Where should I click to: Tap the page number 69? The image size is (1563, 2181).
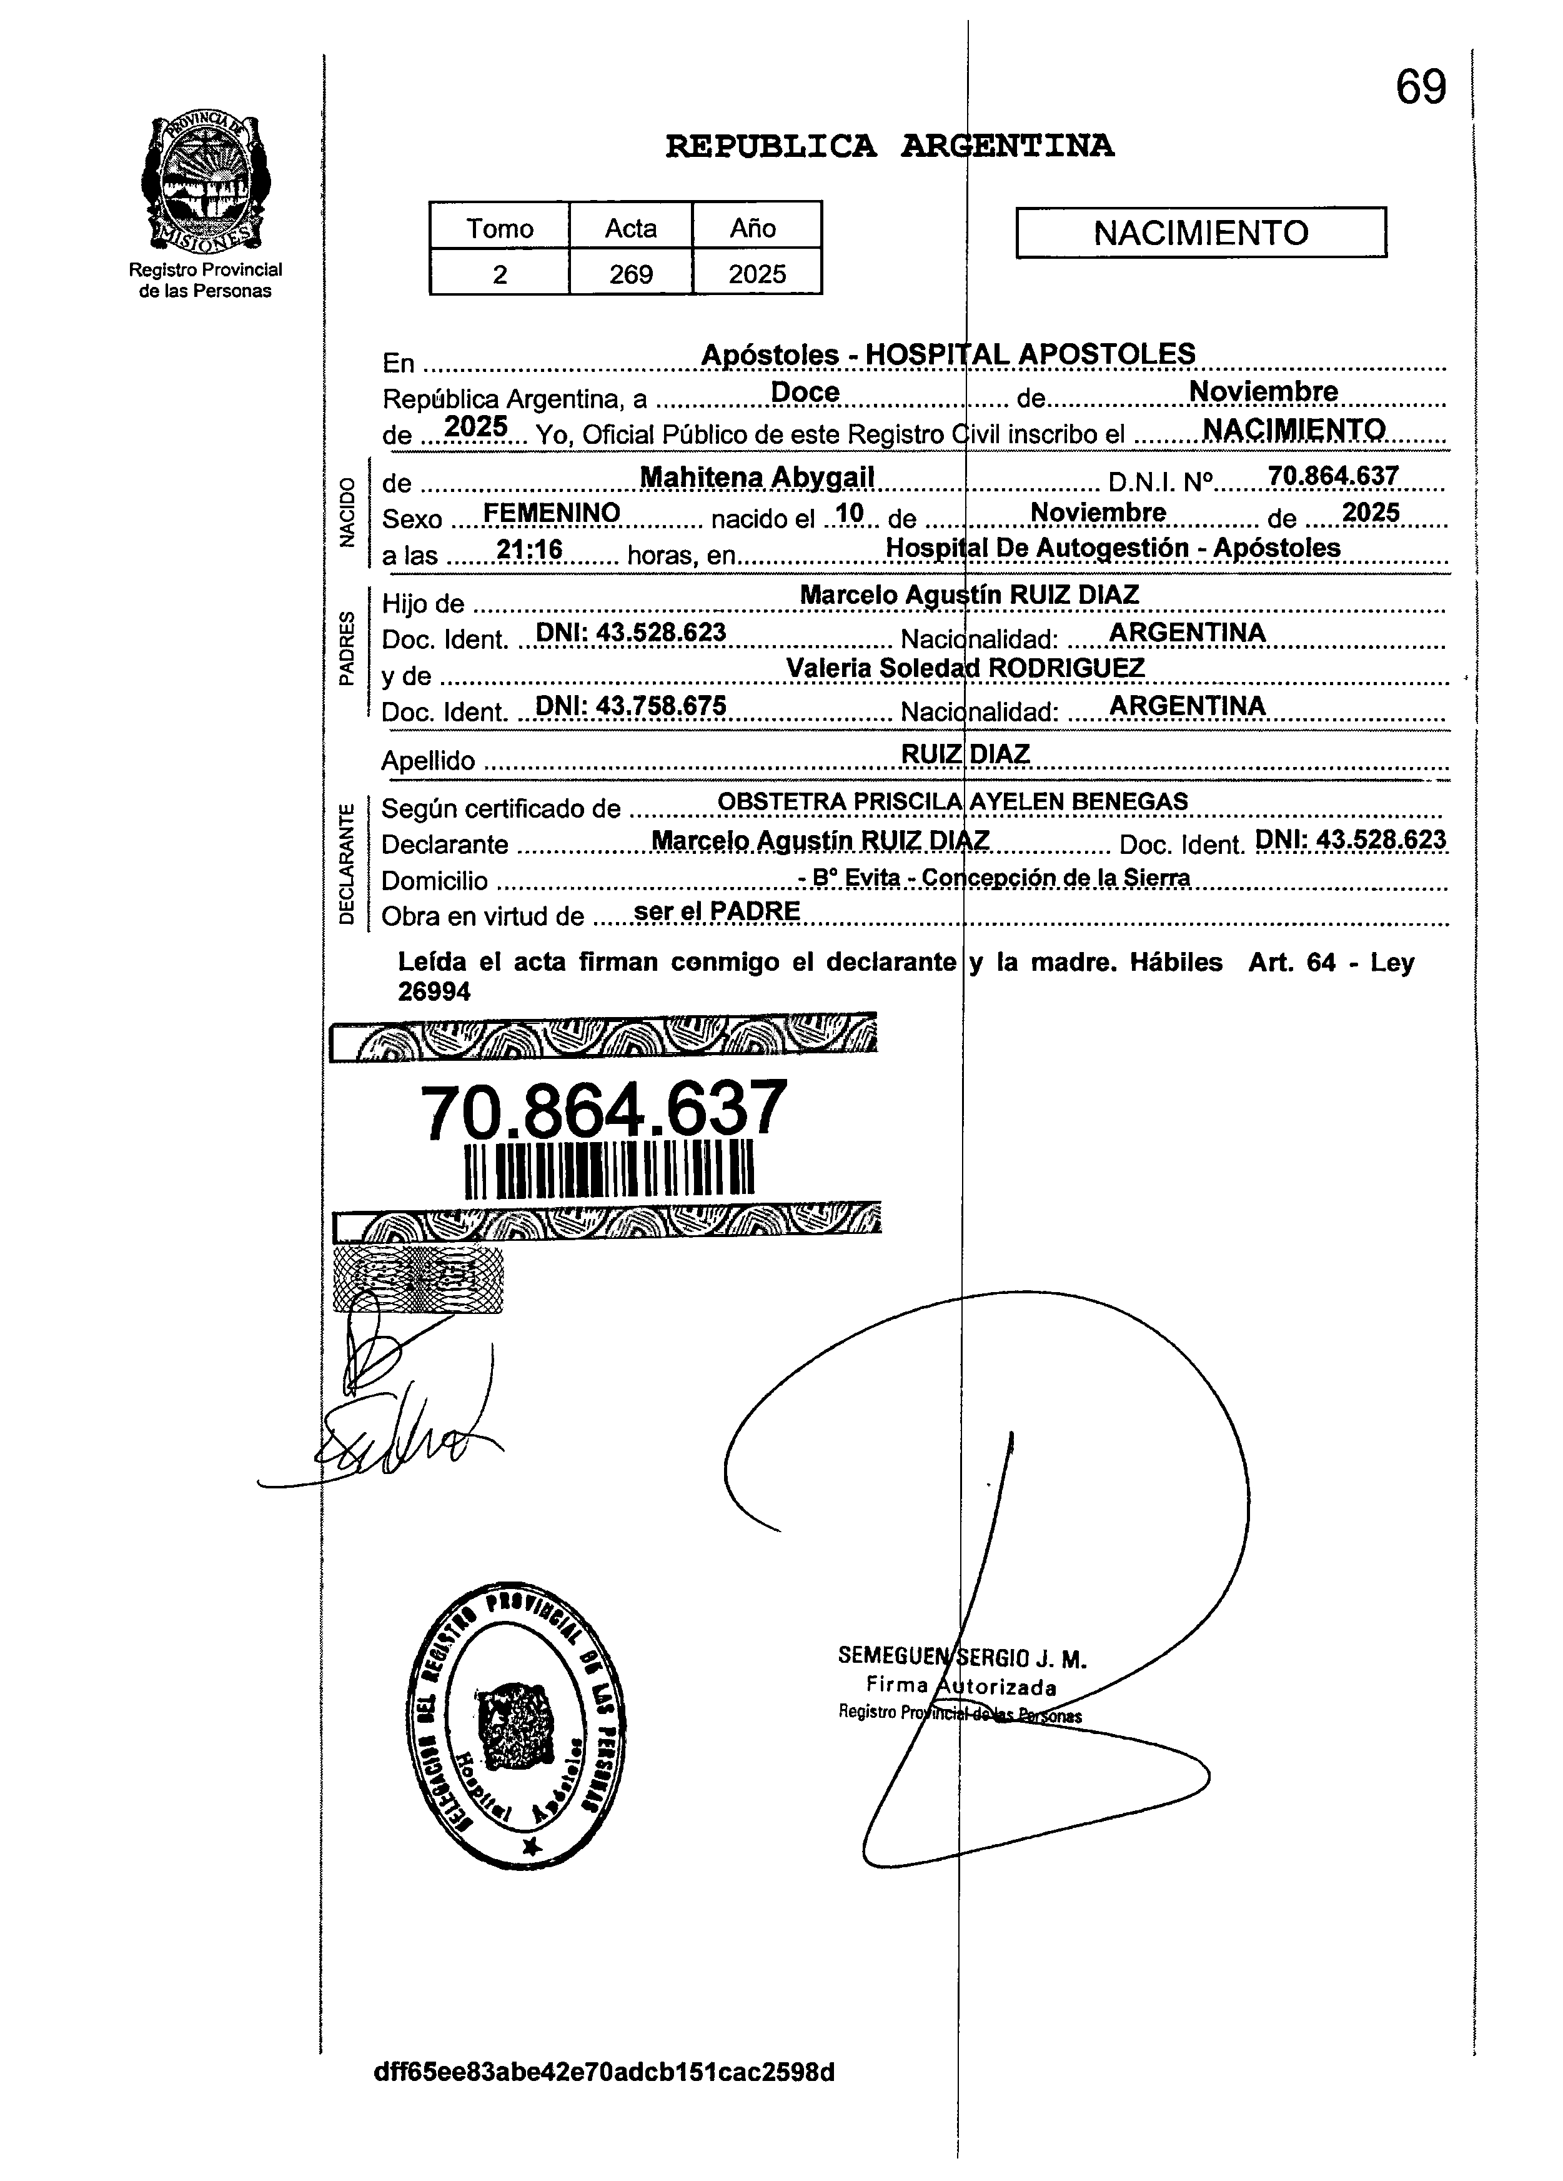1420,89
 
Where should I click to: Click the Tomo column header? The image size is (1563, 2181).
499,229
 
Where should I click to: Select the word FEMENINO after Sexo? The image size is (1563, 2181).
552,513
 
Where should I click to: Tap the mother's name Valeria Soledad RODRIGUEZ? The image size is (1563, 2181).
965,668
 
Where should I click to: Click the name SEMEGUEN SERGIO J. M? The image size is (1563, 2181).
961,1658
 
